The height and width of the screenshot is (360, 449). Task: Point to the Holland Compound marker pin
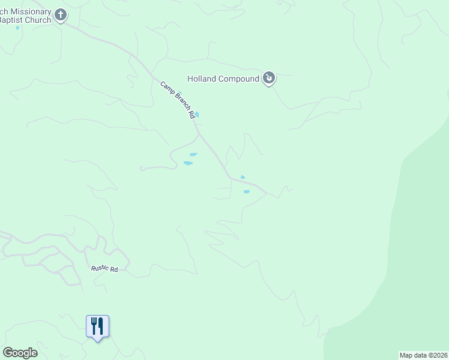coord(270,77)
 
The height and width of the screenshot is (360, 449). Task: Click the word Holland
coord(202,79)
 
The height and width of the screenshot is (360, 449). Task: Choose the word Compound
coord(238,79)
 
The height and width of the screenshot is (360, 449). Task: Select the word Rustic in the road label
coord(99,269)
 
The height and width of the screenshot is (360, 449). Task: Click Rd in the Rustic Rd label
coord(113,270)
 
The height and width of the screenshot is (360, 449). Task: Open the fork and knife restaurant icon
coord(97,326)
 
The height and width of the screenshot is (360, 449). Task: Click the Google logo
coord(20,353)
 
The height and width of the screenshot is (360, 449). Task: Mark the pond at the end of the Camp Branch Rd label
coord(197,115)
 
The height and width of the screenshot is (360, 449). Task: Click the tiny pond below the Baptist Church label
coord(17,28)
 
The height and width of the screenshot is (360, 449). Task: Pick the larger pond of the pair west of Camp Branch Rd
coord(188,163)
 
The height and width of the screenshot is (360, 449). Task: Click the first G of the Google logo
coord(8,353)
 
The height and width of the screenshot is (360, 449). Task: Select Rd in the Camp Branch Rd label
coord(192,113)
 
